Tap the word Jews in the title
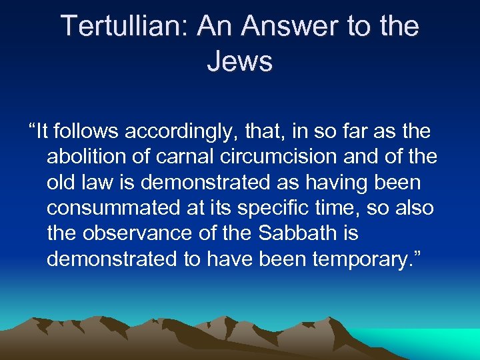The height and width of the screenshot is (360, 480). click(x=240, y=61)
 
